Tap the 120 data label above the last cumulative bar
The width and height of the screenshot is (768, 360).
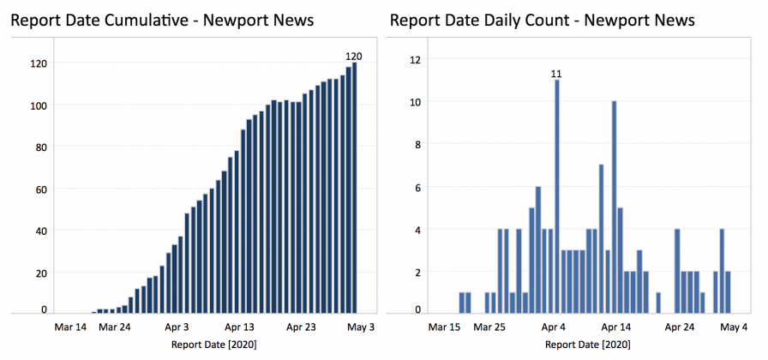(x=354, y=57)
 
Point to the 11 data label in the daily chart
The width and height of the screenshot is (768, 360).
(x=556, y=74)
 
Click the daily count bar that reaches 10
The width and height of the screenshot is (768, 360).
(x=614, y=207)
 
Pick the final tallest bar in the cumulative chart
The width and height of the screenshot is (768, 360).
(x=354, y=188)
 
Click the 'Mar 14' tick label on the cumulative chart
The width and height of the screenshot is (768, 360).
(x=70, y=327)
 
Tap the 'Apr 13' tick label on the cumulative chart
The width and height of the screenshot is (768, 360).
(x=239, y=327)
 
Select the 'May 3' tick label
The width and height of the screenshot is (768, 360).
(x=360, y=327)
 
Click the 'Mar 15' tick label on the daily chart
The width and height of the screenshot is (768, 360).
(x=445, y=327)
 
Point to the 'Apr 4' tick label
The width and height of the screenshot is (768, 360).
(x=553, y=327)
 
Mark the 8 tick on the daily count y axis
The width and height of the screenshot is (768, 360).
(x=417, y=144)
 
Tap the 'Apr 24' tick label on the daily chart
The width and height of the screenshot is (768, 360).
(x=679, y=327)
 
